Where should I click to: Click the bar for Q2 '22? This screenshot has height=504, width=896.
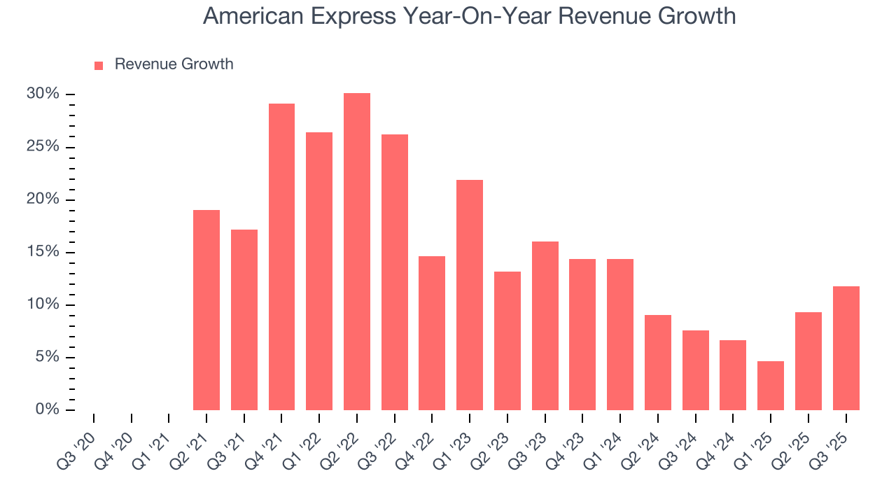click(357, 252)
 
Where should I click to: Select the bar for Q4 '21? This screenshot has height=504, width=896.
click(281, 257)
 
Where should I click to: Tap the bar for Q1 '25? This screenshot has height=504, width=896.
click(771, 386)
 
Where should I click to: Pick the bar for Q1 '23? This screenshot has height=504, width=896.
click(470, 295)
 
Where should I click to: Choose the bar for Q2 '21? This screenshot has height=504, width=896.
click(206, 310)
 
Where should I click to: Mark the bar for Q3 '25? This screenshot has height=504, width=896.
click(846, 348)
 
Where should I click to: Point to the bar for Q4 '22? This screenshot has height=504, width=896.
click(432, 333)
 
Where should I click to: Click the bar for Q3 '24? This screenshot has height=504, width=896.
click(696, 370)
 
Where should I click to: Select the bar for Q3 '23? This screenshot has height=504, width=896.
click(545, 325)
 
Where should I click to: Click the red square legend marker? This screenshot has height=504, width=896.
click(99, 65)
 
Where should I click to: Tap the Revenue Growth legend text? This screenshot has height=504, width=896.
click(174, 64)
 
